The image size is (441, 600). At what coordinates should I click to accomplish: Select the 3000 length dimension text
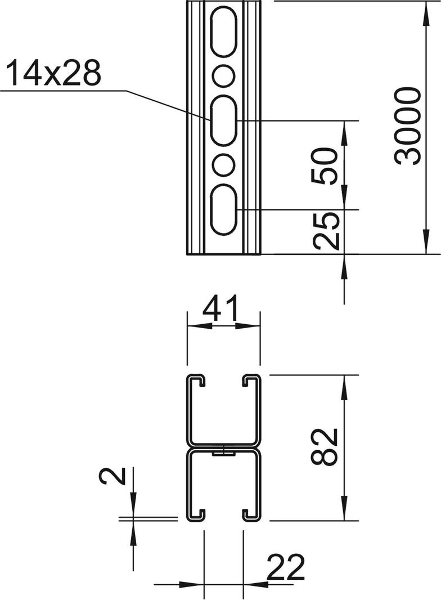pyautogui.click(x=408, y=126)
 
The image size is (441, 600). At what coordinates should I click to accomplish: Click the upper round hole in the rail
pyautogui.click(x=224, y=74)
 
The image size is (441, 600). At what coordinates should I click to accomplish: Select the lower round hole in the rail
pyautogui.click(x=224, y=164)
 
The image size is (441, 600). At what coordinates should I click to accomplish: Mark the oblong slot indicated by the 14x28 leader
pyautogui.click(x=224, y=119)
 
